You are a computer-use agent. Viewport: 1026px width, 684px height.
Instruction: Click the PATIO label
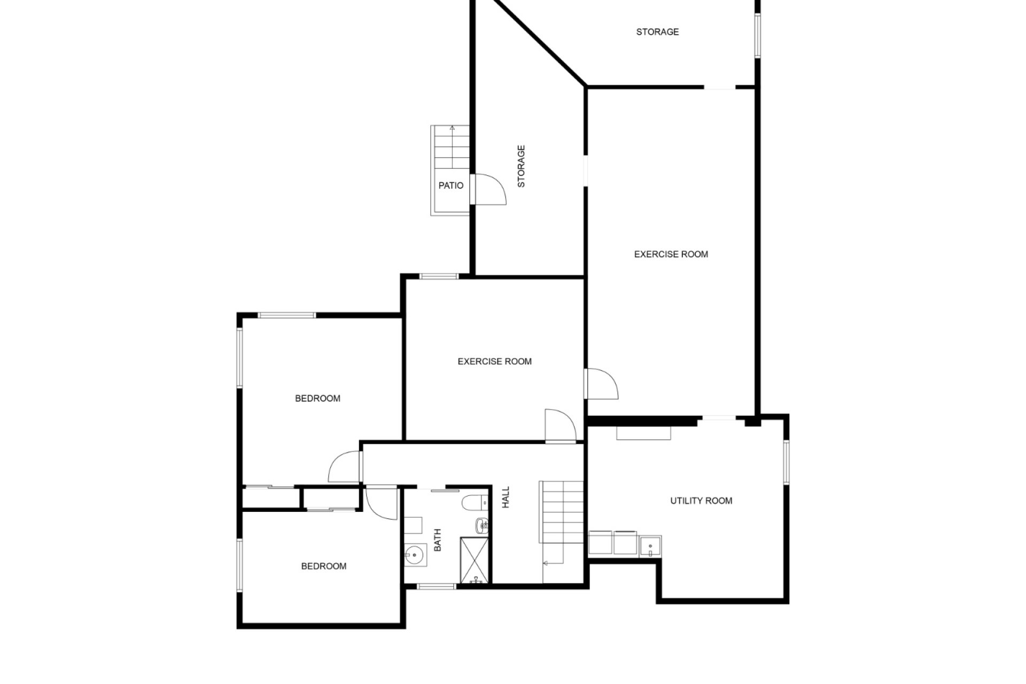click(x=450, y=185)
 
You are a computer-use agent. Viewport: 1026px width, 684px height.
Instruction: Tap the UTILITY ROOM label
click(x=701, y=501)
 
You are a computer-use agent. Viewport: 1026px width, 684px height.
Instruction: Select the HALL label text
click(x=506, y=497)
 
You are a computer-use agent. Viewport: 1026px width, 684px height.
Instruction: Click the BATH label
click(x=438, y=540)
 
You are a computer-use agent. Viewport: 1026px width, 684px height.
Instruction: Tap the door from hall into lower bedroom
click(x=382, y=503)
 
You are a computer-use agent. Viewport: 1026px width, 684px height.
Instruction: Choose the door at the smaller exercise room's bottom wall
click(x=561, y=426)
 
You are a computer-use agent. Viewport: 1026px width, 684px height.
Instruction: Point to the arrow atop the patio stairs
click(x=452, y=128)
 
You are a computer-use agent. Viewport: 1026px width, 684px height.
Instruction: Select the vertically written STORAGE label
click(x=522, y=166)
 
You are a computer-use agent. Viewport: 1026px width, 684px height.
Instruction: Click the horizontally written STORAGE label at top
click(x=657, y=32)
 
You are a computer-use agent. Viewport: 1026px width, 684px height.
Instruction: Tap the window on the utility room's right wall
click(x=786, y=462)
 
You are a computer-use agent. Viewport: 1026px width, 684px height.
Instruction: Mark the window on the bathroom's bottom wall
click(x=436, y=587)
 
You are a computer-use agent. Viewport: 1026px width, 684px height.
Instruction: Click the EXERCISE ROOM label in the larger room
click(x=671, y=254)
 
